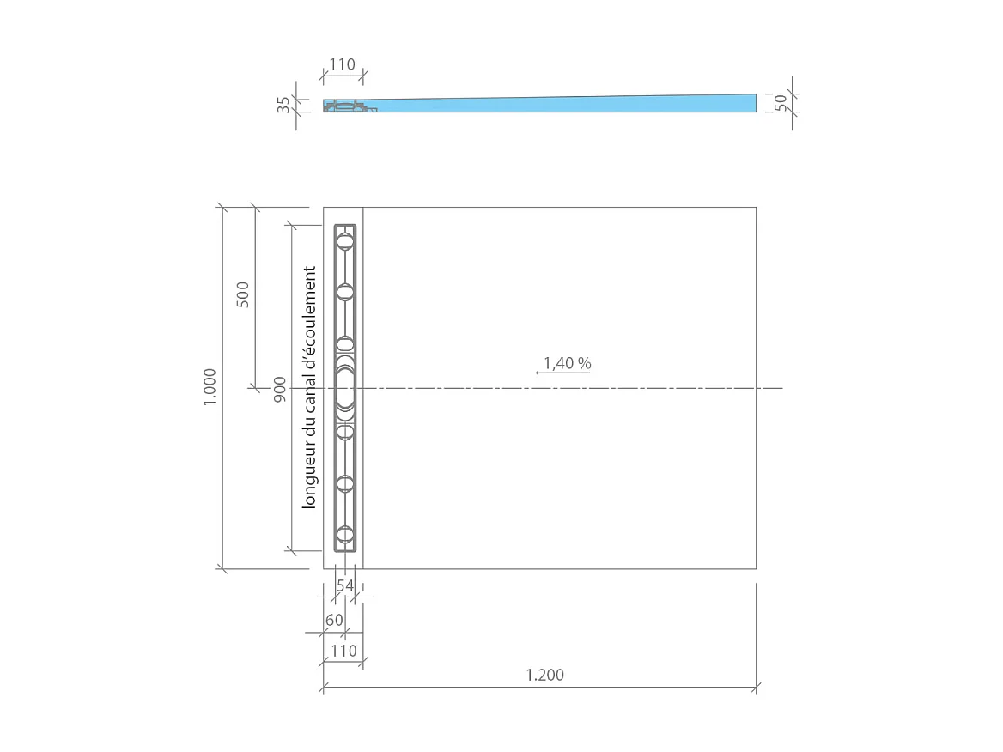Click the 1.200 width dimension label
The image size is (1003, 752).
click(x=544, y=675)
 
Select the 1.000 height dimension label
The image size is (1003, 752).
click(x=210, y=387)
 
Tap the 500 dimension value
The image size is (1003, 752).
click(x=243, y=294)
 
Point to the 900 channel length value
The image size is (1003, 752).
click(x=280, y=388)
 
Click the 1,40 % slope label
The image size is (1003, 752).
click(x=568, y=363)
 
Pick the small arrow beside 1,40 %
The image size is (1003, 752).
click(x=538, y=373)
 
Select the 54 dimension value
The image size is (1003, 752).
click(x=345, y=585)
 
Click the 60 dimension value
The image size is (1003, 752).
click(x=334, y=620)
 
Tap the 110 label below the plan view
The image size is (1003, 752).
click(x=343, y=651)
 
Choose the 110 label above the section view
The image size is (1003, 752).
click(x=343, y=65)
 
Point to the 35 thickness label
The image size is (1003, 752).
click(x=284, y=105)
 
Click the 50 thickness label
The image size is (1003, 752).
click(x=781, y=102)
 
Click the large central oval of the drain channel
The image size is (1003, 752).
click(x=345, y=389)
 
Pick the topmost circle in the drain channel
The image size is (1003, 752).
click(x=345, y=242)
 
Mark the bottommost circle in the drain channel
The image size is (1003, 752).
click(x=345, y=536)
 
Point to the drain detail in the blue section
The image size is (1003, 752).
click(x=348, y=107)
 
